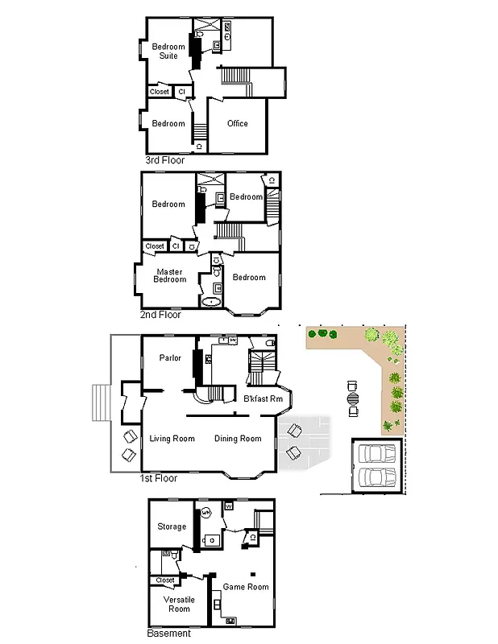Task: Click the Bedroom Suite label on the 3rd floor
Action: (168, 51)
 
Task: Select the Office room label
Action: (237, 123)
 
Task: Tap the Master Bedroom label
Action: (171, 275)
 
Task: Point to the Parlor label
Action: (170, 358)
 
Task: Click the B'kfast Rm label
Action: (263, 399)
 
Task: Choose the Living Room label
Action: (172, 439)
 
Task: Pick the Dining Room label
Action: (238, 439)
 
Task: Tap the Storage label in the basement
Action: (172, 526)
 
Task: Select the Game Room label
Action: (246, 587)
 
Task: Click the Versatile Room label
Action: (176, 605)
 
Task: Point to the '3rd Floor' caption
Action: (164, 160)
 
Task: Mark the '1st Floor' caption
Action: (160, 478)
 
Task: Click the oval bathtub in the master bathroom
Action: (210, 303)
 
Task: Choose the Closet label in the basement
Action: (165, 580)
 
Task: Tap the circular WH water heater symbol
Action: (205, 512)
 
